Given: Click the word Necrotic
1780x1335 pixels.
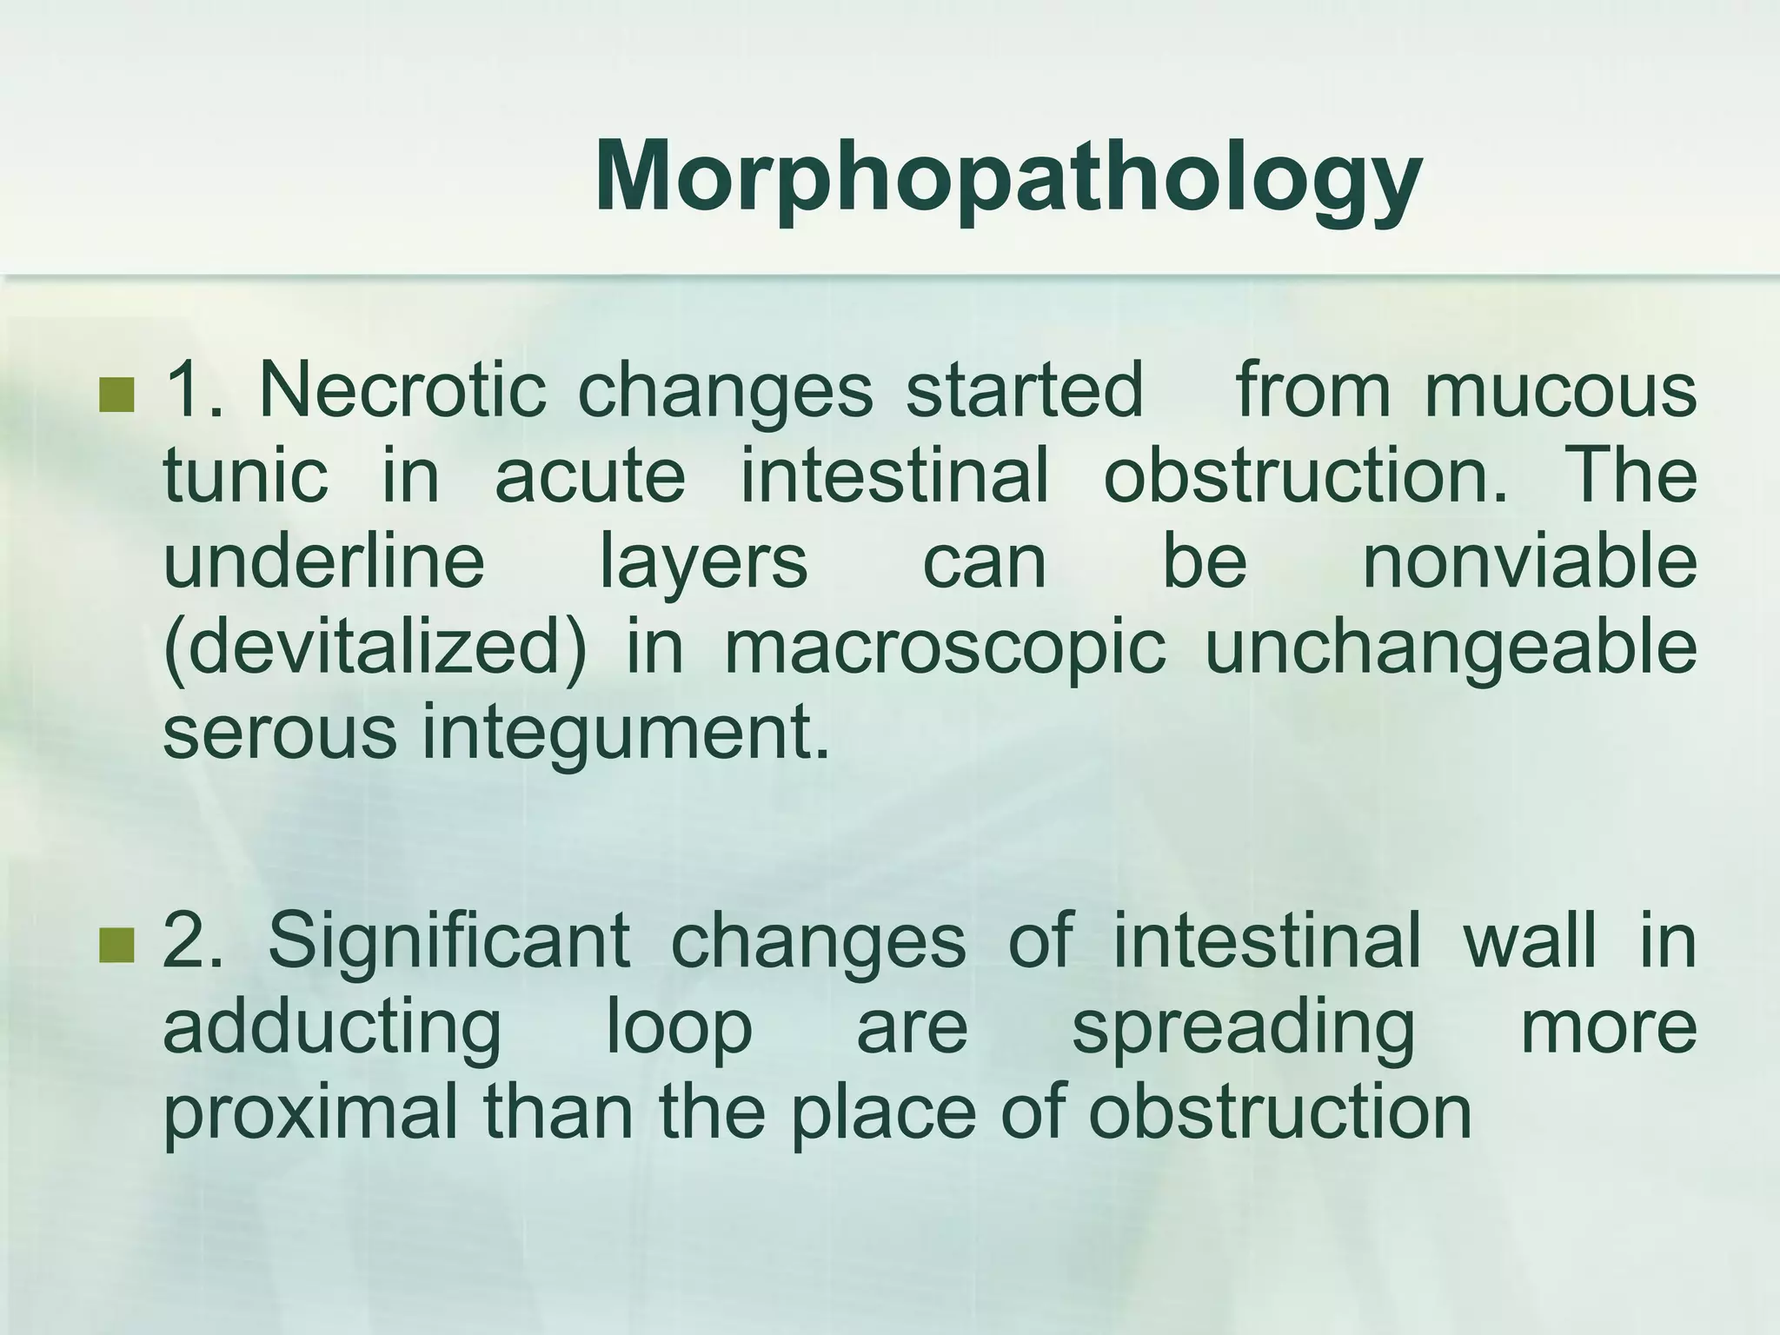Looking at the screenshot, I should (x=402, y=390).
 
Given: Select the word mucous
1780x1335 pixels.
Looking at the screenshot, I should (x=1560, y=390).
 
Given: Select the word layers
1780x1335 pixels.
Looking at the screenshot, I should (x=704, y=563).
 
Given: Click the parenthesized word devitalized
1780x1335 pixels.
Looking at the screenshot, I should (x=375, y=648).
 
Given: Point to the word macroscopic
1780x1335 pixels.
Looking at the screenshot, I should (x=944, y=648).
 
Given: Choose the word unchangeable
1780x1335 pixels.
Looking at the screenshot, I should (x=1451, y=648).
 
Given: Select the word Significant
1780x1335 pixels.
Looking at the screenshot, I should (x=448, y=940).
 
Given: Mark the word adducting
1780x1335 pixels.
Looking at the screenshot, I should (x=332, y=1027).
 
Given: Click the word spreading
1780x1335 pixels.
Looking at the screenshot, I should (x=1244, y=1027).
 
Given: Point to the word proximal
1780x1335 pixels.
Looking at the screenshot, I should (x=310, y=1112).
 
